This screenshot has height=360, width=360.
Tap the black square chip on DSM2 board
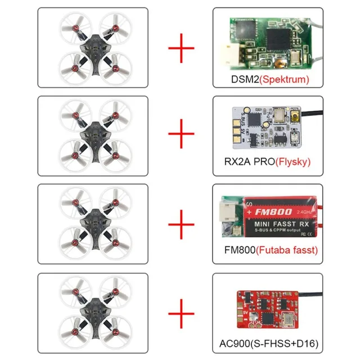(x=281, y=39)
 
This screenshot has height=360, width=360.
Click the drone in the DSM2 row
(x=93, y=48)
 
